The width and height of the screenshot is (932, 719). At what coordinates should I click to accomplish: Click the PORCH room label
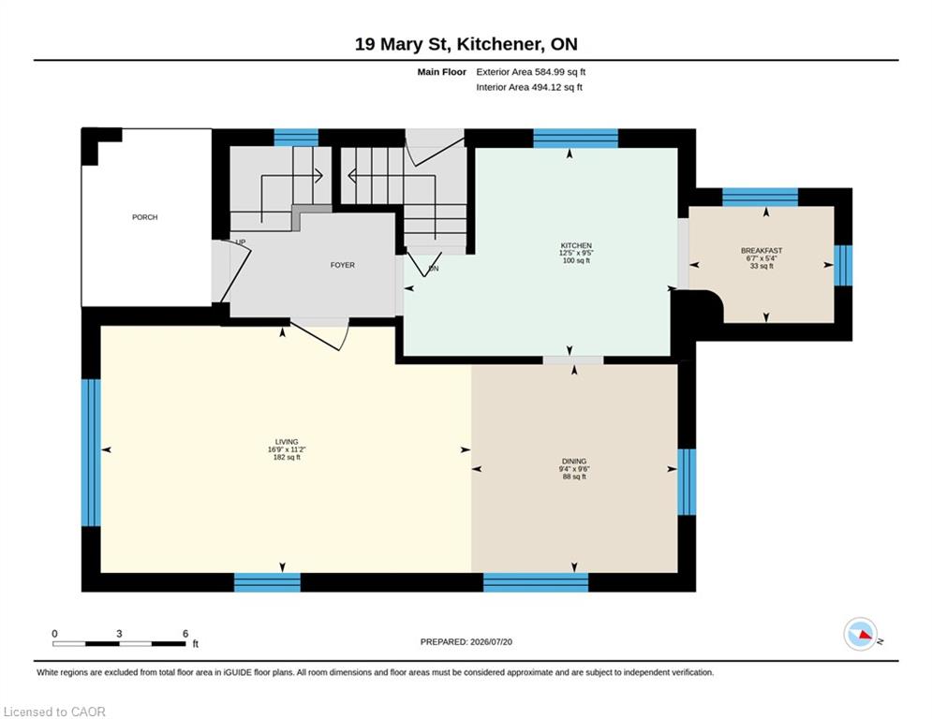144,217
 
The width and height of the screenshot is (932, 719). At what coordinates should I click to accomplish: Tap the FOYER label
343,265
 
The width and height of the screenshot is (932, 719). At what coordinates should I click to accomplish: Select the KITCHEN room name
576,245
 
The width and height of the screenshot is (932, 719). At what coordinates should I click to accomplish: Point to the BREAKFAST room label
762,251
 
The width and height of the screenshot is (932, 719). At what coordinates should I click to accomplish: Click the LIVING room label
287,442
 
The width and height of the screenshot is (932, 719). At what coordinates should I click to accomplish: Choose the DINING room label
574,462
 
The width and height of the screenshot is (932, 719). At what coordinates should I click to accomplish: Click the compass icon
861,634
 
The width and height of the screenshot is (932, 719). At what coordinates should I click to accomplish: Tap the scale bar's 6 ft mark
185,634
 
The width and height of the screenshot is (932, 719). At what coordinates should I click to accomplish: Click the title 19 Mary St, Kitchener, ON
466,44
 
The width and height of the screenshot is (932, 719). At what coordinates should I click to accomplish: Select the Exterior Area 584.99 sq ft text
531,72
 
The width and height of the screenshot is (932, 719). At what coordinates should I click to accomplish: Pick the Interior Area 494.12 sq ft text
529,87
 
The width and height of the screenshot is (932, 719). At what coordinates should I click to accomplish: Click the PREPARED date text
466,641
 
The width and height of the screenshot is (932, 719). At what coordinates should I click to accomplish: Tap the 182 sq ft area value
287,458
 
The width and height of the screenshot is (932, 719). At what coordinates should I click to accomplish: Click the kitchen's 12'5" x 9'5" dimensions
576,253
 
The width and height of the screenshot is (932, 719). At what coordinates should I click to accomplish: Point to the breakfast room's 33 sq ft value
762,266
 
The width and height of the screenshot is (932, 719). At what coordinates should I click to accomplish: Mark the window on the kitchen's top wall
575,138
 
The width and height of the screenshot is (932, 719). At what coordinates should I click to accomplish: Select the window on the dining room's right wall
687,482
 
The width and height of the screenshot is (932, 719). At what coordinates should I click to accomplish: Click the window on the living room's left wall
91,453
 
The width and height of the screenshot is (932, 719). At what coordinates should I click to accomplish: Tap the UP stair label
240,242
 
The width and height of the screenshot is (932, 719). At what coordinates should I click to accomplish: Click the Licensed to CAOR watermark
54,712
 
